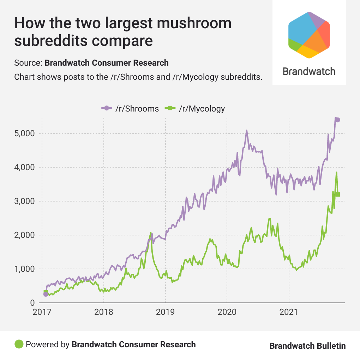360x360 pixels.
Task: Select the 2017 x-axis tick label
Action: point(42,312)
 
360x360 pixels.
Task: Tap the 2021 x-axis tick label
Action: point(289,312)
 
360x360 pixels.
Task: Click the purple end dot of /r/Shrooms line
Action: point(338,120)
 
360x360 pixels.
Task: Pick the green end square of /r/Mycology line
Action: point(338,194)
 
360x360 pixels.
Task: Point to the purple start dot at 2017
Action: point(46,294)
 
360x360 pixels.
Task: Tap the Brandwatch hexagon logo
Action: point(309,35)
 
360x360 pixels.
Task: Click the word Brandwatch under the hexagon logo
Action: point(309,72)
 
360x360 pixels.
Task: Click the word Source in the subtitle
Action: point(28,63)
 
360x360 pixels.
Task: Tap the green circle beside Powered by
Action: point(19,344)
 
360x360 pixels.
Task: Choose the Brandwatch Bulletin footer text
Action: point(307,346)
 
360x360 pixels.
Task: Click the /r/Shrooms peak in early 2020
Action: point(247,130)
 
